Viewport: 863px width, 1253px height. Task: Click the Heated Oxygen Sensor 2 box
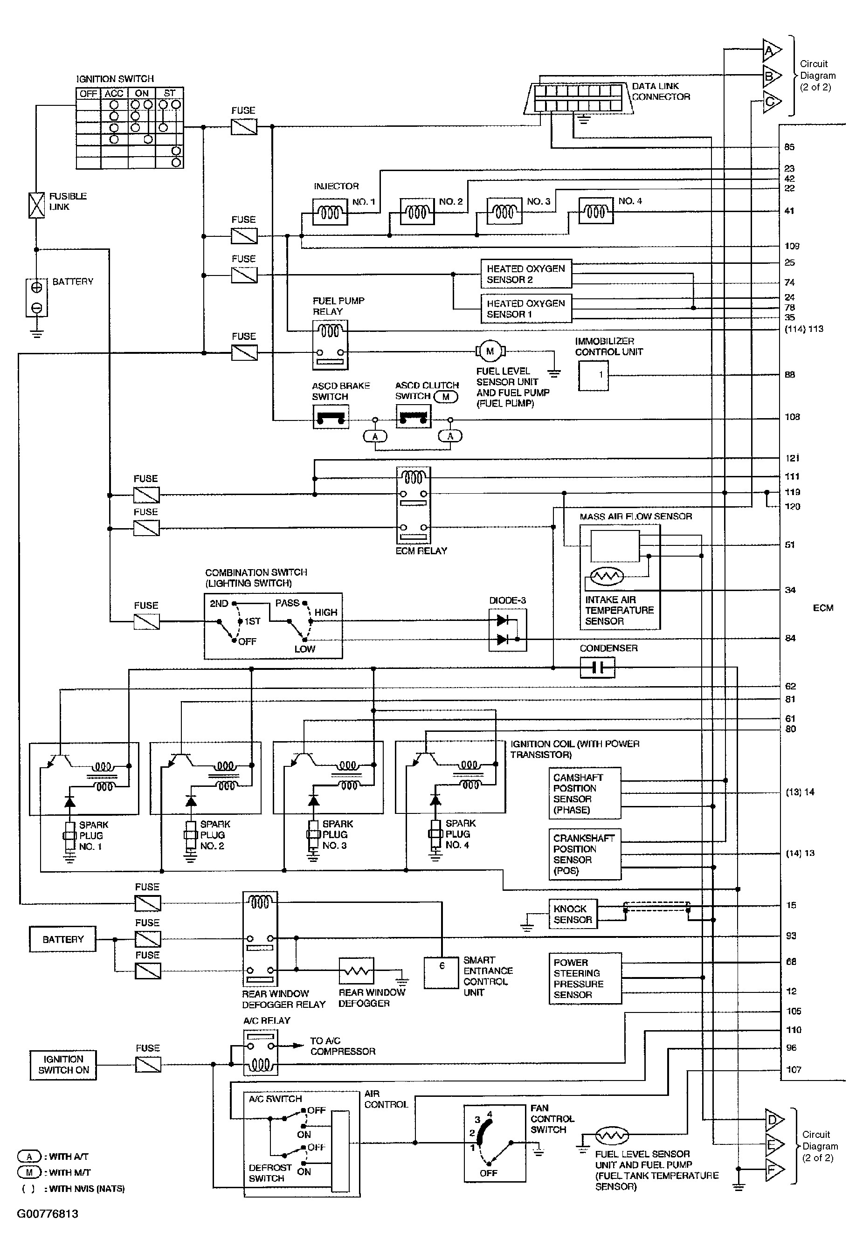pos(525,274)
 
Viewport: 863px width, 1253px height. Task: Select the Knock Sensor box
pos(573,914)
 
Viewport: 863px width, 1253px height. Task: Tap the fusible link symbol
pos(36,206)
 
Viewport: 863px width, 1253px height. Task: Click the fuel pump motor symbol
pos(490,351)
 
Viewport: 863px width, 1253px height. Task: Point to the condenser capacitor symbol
pos(597,668)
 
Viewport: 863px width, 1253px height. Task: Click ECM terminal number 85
pos(789,147)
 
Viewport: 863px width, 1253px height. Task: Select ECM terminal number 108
pos(792,417)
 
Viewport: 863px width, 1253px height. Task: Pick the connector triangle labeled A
pos(771,50)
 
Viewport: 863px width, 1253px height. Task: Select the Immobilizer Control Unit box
pos(593,375)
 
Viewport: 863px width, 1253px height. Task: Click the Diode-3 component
pos(507,630)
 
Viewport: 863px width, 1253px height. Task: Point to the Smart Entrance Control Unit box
pos(441,973)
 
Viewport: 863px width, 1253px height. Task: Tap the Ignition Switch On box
pos(63,1064)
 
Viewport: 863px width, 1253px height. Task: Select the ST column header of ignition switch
pos(169,93)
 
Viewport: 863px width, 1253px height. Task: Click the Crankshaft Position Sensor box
pos(585,854)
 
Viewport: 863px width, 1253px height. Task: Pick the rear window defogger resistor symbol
pos(356,971)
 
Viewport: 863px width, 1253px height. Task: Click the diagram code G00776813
pos(48,1213)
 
